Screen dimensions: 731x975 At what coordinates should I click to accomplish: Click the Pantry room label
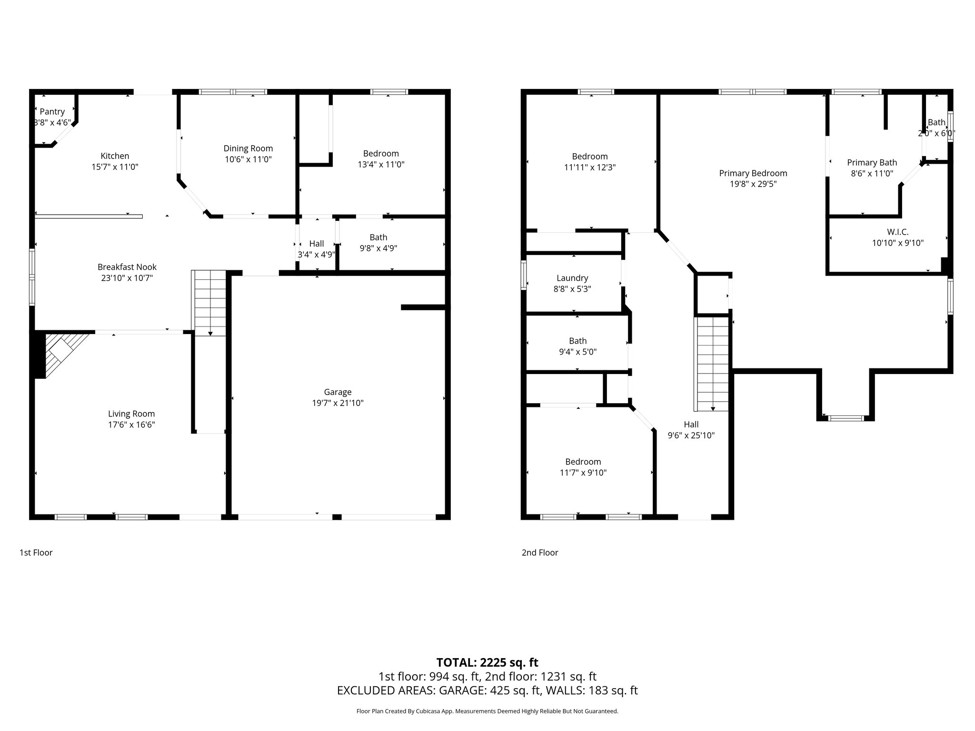click(52, 111)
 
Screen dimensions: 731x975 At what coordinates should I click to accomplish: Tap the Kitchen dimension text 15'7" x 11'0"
click(115, 167)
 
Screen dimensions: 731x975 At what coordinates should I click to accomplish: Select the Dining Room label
click(248, 148)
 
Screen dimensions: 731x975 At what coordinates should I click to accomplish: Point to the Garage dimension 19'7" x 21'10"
click(338, 403)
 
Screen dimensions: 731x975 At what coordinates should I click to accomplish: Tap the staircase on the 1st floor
click(209, 303)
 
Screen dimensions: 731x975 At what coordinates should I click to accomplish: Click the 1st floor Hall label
click(316, 244)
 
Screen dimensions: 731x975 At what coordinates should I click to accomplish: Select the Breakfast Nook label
click(127, 267)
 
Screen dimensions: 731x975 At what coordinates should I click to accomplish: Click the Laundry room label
click(572, 278)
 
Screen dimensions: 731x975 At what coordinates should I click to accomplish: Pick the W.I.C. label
click(897, 232)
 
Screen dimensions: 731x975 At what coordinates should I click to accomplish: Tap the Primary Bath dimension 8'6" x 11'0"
click(872, 174)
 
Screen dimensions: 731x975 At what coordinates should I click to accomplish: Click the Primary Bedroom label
click(753, 173)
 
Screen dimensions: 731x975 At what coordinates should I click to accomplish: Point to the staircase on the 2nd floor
click(713, 364)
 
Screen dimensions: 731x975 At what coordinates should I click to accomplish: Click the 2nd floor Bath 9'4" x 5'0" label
click(577, 341)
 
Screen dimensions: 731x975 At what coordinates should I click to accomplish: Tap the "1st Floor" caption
click(36, 553)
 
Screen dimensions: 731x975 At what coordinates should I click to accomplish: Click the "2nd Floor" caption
click(539, 553)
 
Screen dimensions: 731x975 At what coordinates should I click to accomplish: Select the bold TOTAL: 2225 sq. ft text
click(487, 662)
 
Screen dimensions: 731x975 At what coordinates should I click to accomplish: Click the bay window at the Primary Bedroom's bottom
click(846, 418)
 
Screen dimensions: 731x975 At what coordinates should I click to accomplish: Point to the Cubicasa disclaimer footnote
click(487, 711)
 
